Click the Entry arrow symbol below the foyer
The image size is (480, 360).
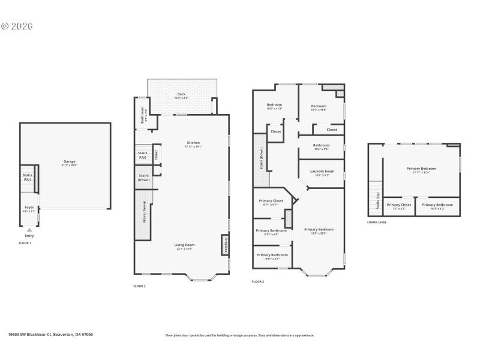coord(29,230)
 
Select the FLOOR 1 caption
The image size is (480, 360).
coord(25,243)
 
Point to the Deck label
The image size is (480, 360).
coord(181,95)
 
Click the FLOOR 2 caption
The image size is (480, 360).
coord(139,286)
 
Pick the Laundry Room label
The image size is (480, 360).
coord(322,172)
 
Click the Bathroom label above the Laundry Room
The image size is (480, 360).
coord(322,145)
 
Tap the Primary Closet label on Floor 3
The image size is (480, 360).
coord(271,202)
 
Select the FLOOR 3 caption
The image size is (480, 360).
coord(257,281)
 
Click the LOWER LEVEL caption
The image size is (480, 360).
coord(377,222)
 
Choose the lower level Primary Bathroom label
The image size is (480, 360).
coord(437,205)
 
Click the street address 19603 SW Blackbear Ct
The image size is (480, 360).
coord(50,335)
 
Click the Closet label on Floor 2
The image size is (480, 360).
coord(156,154)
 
